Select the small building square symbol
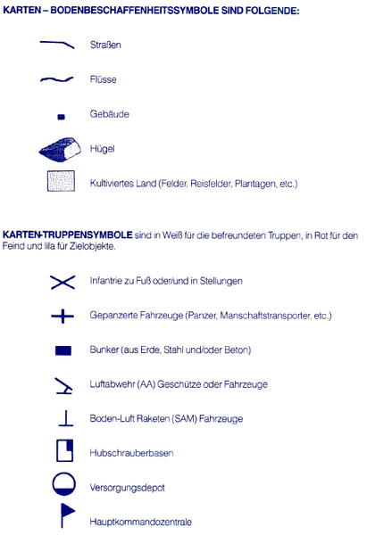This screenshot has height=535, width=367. pyautogui.click(x=61, y=116)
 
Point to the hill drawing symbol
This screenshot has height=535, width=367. pyautogui.click(x=60, y=149)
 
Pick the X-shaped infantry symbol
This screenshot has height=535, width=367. pyautogui.click(x=62, y=282)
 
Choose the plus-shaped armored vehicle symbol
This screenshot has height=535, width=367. pyautogui.click(x=62, y=316)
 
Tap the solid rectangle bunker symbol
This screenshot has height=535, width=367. pyautogui.click(x=63, y=350)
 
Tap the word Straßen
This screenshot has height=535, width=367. pyautogui.click(x=105, y=44)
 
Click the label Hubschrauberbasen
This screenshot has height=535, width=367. pyautogui.click(x=131, y=454)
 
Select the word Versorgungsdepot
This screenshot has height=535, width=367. pyautogui.click(x=129, y=488)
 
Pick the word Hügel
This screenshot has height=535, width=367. pyautogui.click(x=102, y=149)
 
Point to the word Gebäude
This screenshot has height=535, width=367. pyautogui.click(x=109, y=115)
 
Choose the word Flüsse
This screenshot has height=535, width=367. pyautogui.click(x=104, y=79)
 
